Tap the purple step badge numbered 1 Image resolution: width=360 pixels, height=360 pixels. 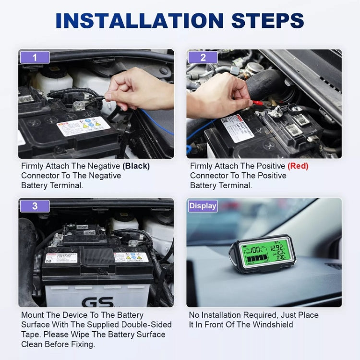click(x=35, y=58)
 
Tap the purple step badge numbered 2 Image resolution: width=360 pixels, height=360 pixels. click(x=203, y=58)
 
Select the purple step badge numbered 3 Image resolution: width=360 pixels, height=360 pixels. click(x=35, y=206)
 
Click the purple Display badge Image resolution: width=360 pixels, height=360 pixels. click(x=203, y=206)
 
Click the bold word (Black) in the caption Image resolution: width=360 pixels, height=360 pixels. click(x=136, y=166)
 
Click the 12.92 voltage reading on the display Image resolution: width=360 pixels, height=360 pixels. click(x=277, y=248)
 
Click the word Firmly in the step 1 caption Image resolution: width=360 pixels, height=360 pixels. click(x=33, y=166)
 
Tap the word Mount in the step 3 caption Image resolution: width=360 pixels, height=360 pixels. click(x=33, y=315)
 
